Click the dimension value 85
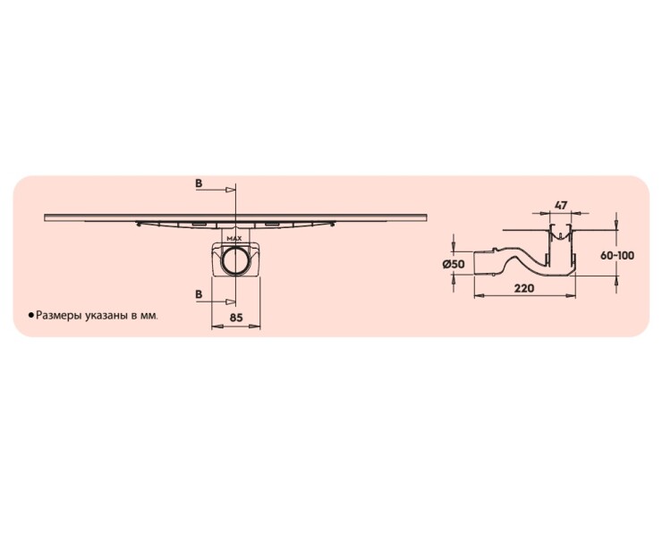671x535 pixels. click(x=236, y=318)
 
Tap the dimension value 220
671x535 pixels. click(x=524, y=288)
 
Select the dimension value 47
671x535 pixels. click(x=561, y=206)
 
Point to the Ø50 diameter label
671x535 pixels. click(x=454, y=264)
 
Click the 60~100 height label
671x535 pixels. click(x=617, y=256)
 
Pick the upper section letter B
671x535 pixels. click(x=199, y=183)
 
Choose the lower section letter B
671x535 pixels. click(x=199, y=294)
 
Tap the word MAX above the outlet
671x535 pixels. click(x=234, y=238)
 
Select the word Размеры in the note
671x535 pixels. click(x=59, y=316)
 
